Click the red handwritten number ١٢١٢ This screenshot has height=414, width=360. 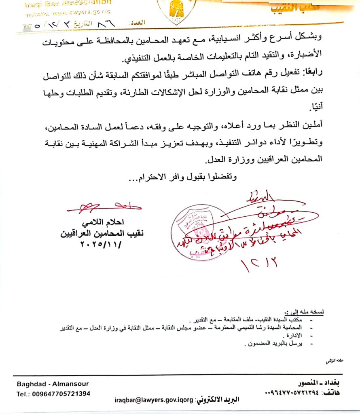coord(259,265)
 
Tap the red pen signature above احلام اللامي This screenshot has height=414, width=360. coord(103,207)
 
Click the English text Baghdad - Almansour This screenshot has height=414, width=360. coord(53,384)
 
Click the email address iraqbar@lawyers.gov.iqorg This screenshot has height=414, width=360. coord(155,400)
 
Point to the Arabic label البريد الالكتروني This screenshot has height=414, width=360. coord(218,400)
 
